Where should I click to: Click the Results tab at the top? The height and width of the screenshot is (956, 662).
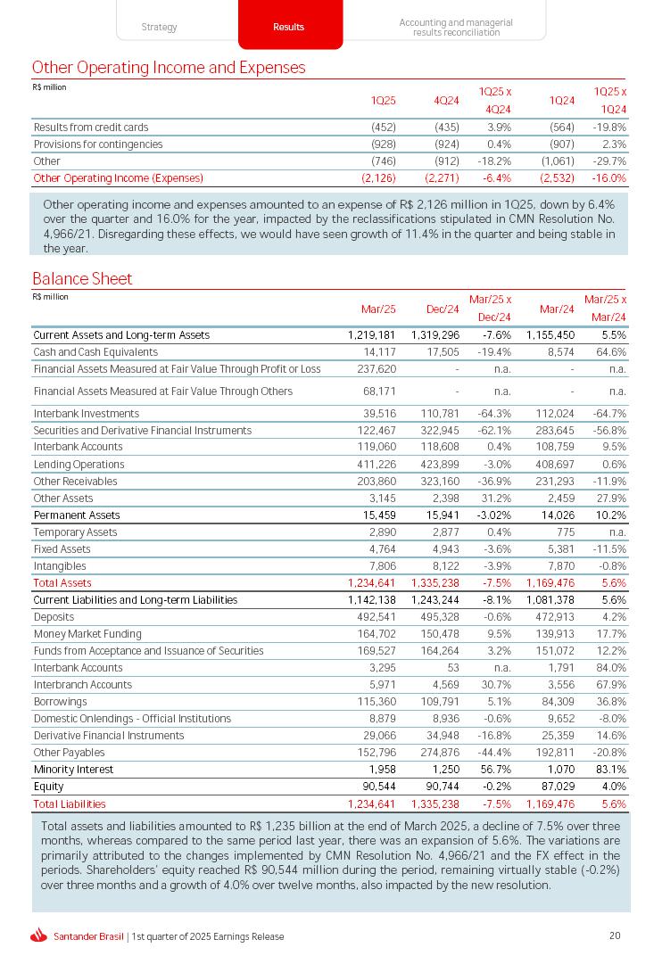point(289,27)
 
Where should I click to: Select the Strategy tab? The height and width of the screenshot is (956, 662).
point(160,27)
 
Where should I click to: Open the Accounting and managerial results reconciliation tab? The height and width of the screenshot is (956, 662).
point(456,28)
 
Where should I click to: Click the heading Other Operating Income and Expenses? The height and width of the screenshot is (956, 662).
point(169,68)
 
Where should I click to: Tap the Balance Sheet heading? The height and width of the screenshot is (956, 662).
point(82,279)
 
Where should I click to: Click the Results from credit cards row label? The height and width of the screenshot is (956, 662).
point(91,128)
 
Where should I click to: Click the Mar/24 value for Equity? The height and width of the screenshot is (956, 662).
point(556,787)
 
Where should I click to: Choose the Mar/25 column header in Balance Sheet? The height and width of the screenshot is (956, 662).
point(378,309)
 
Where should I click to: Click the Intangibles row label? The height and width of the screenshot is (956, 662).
point(60,566)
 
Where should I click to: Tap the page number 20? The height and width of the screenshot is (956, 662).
point(615,935)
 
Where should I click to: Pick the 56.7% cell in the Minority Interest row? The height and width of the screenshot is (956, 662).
point(494,770)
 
